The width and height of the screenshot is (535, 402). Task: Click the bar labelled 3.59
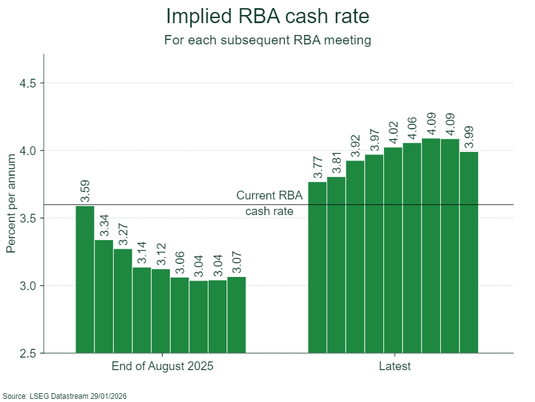[x=85, y=279]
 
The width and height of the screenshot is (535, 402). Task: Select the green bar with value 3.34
[x=104, y=296]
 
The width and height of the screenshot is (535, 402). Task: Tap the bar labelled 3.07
[x=237, y=314]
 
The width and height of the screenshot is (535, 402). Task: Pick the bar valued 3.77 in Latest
[x=317, y=268]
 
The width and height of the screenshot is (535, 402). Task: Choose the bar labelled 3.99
[x=469, y=253]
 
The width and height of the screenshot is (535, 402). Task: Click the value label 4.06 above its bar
[x=412, y=129]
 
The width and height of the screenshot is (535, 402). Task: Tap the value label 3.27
[x=123, y=234]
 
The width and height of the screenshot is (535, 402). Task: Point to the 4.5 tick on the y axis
[x=28, y=83]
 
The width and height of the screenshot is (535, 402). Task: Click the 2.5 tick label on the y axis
[x=28, y=353]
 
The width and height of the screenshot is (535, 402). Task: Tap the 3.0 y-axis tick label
[x=28, y=286]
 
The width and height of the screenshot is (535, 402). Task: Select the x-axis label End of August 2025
[x=162, y=366]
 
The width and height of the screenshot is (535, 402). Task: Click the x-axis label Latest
[x=395, y=366]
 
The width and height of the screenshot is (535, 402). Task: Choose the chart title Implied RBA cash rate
[x=267, y=16]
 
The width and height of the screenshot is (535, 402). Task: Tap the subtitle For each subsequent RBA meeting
[x=267, y=40]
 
